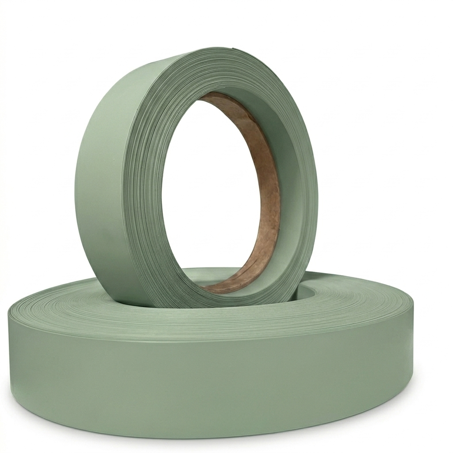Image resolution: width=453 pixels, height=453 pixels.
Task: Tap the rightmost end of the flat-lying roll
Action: click(412, 327)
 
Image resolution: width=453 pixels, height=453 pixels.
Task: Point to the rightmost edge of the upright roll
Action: click(317, 186)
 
